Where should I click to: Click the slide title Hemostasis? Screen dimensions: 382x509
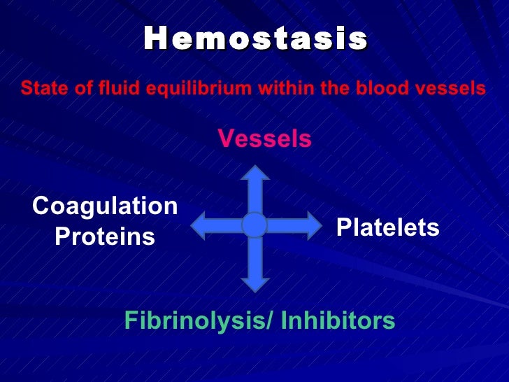[x=255, y=40]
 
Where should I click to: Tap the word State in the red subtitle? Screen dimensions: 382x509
[x=38, y=89]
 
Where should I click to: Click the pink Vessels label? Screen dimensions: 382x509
[x=265, y=139]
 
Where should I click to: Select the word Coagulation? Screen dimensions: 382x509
[x=105, y=206]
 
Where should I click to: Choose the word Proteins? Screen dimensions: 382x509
[x=105, y=237]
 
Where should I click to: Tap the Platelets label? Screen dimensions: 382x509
[x=388, y=227]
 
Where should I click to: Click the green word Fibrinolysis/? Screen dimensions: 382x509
[x=199, y=321]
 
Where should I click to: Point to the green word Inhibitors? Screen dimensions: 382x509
[x=338, y=321]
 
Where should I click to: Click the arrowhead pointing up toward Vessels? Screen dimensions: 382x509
[x=254, y=176]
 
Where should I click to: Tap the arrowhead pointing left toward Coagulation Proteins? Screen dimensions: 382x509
[x=201, y=225]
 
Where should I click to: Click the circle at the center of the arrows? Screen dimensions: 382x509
[x=254, y=225]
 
